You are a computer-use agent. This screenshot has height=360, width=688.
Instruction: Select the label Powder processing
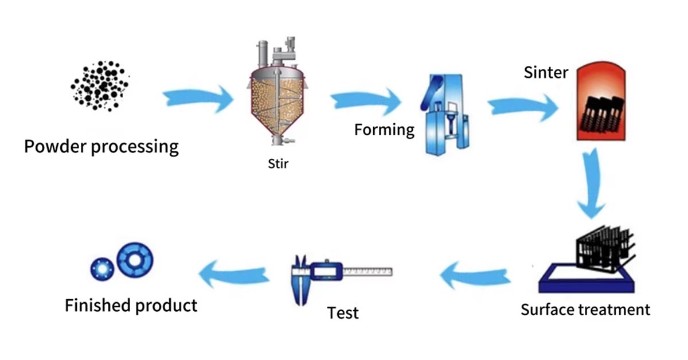(101, 146)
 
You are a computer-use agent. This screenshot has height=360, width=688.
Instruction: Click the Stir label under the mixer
(278, 165)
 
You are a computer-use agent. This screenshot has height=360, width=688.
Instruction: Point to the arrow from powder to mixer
(198, 99)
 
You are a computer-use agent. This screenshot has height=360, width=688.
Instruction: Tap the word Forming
(384, 130)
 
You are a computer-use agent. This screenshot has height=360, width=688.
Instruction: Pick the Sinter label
(545, 73)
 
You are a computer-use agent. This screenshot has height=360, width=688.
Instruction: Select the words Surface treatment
(585, 310)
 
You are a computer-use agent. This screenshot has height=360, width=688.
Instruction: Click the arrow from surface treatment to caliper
(475, 273)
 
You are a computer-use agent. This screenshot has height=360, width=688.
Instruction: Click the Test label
(343, 313)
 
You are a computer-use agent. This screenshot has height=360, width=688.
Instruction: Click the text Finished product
(131, 305)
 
